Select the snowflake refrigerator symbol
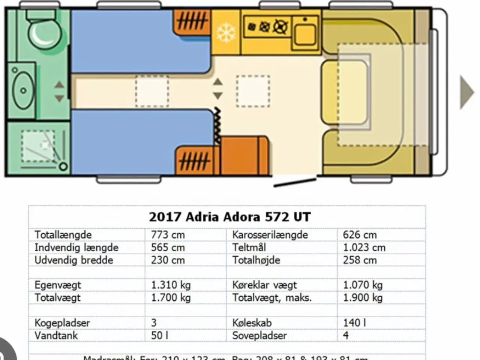click(226, 33)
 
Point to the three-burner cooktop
click(267, 27)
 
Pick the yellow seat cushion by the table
click(344, 92)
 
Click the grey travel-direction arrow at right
click(467, 92)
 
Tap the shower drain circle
click(63, 166)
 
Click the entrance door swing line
click(295, 182)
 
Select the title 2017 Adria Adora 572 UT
click(229, 217)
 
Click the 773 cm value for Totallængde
click(168, 235)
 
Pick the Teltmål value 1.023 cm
click(364, 247)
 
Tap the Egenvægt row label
click(58, 285)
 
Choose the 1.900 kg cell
click(363, 298)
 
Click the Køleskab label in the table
click(252, 322)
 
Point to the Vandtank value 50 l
click(159, 335)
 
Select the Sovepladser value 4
click(346, 335)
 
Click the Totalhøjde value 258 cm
click(360, 260)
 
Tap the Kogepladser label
click(62, 322)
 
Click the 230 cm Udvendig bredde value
click(168, 260)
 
